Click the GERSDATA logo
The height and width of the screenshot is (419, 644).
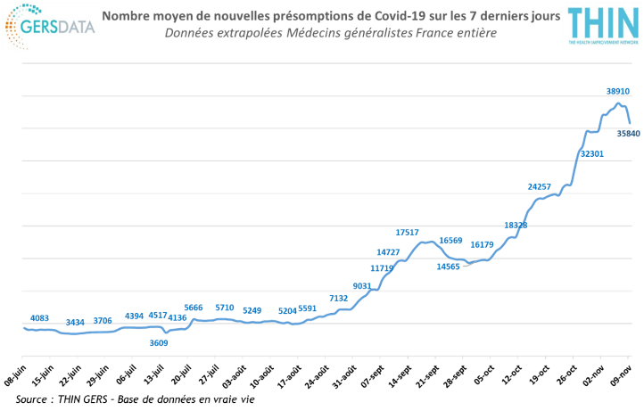tap(50, 26)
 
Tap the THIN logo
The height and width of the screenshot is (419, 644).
tap(603, 26)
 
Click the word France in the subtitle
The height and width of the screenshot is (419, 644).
tap(434, 33)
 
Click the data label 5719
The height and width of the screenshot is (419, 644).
tap(225, 308)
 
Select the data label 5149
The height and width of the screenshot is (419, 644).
tap(253, 310)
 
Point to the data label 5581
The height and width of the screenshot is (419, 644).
tap(308, 308)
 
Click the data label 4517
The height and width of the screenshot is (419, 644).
tap(158, 315)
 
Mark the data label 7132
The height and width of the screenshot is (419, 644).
tap(338, 297)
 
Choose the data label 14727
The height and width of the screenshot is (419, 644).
tap(388, 252)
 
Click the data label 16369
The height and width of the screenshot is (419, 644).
tap(451, 241)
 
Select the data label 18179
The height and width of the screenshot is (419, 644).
tap(482, 243)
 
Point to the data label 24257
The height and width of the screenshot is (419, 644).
tap(539, 187)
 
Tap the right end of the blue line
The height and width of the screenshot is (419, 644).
tap(631, 123)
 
